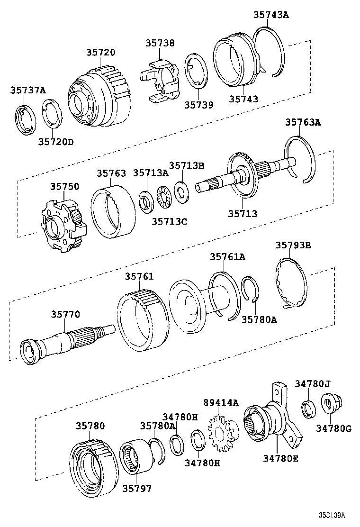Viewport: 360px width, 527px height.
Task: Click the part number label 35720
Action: click(x=100, y=52)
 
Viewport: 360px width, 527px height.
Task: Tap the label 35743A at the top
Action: click(x=270, y=15)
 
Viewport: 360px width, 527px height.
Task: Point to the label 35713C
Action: click(x=169, y=221)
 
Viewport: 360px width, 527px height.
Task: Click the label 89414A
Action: click(x=221, y=403)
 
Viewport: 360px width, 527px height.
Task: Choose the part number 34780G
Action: click(x=334, y=428)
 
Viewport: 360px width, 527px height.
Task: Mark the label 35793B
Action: click(x=293, y=245)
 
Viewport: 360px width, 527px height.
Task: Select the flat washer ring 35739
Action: click(x=196, y=71)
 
